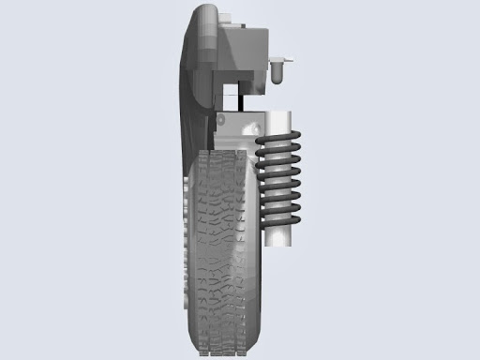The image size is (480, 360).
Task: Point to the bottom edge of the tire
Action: (223, 354)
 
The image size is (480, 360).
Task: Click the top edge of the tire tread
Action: (223, 152)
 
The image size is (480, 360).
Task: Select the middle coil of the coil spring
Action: (279, 180)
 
